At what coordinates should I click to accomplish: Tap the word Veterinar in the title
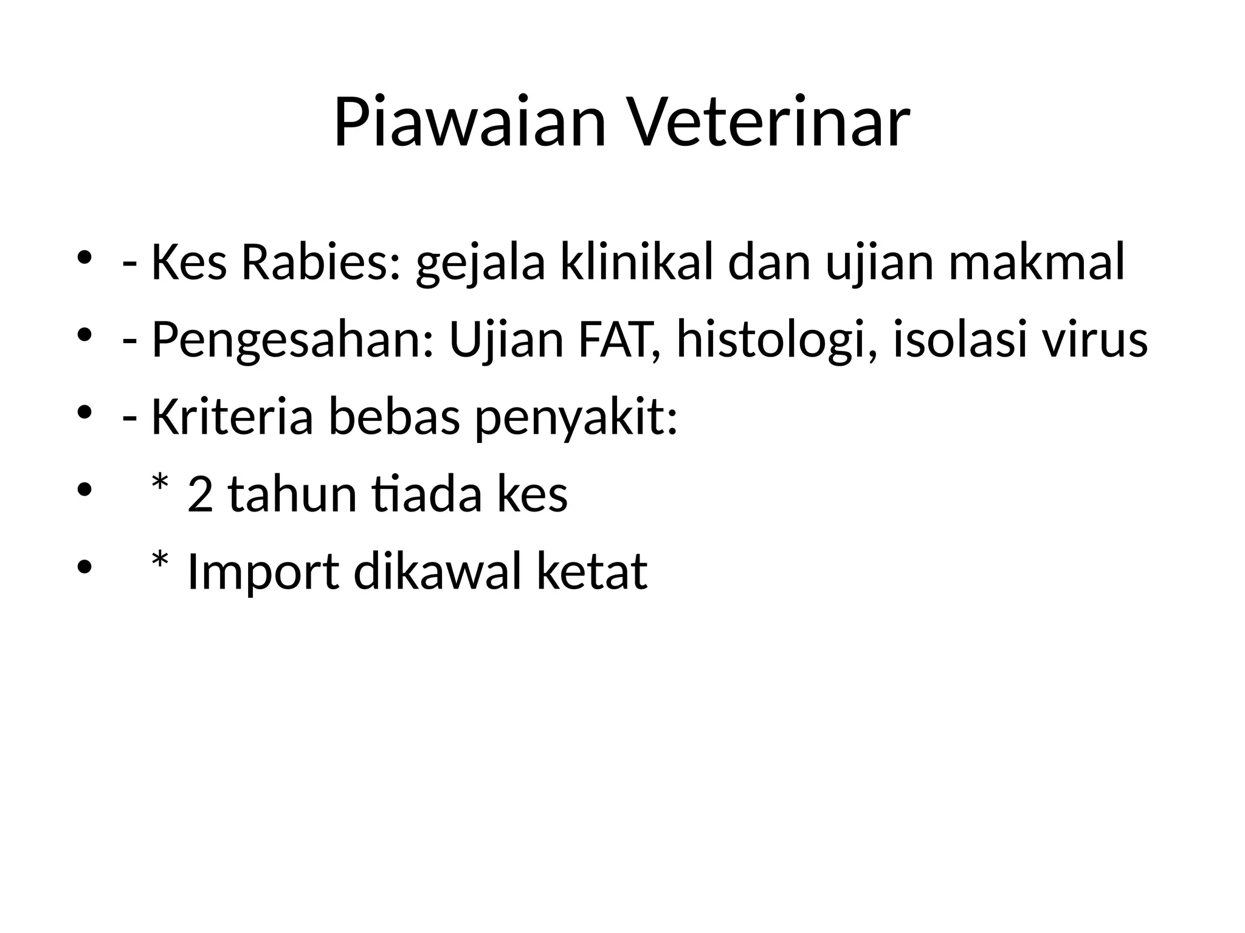point(768,122)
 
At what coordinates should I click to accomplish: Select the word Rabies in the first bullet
point(321,263)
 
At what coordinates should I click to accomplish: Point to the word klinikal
point(636,263)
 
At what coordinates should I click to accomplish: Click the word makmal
point(1036,263)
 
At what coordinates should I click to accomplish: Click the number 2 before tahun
point(201,495)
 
